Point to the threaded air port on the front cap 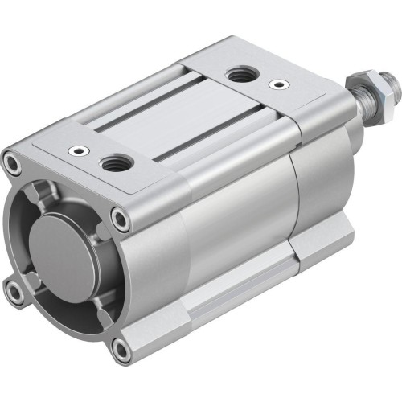113,164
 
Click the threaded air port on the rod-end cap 240,76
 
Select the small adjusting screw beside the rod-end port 278,83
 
